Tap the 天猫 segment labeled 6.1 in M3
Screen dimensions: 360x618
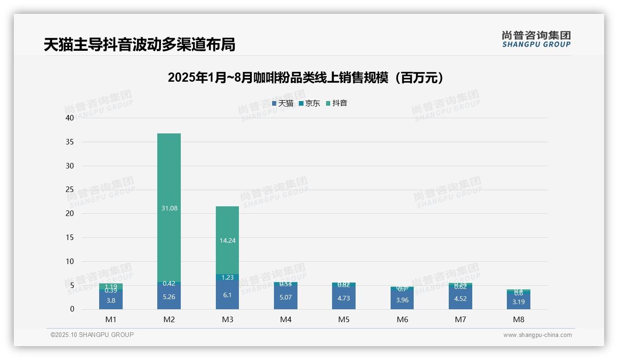click(227, 295)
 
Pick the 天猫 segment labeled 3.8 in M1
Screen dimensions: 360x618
click(111, 300)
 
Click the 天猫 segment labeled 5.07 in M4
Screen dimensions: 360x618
click(285, 297)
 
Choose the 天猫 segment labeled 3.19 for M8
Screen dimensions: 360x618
click(519, 302)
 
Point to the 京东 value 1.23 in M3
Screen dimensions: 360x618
click(227, 277)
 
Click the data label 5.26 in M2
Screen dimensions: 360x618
click(169, 297)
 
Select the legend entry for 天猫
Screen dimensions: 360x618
click(283, 103)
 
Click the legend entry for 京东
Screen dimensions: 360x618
click(309, 103)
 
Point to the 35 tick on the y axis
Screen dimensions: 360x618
click(70, 142)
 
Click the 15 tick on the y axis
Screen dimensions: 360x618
click(70, 237)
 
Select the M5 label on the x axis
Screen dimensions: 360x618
click(344, 319)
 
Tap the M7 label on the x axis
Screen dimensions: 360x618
click(460, 319)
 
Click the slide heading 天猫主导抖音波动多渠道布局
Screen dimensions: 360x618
click(139, 44)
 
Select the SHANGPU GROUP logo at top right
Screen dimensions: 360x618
click(536, 39)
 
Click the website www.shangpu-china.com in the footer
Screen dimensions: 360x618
click(537, 335)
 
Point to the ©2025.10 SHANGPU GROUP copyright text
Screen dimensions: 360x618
click(92, 335)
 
